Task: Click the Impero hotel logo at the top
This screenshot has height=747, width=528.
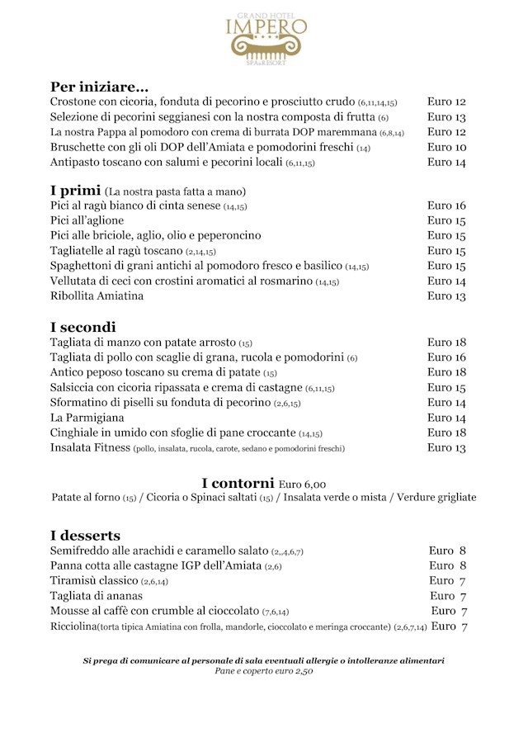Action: coord(266,35)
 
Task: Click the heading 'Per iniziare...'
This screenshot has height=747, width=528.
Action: coord(99,87)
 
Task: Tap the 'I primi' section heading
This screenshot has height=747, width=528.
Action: coord(75,191)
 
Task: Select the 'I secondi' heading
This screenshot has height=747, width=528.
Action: coord(82,327)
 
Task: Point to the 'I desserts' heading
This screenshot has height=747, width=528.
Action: coord(85,536)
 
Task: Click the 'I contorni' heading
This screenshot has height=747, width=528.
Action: coord(238,483)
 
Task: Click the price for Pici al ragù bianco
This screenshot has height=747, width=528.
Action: coord(446,206)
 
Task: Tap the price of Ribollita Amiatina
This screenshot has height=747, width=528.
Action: coord(446,296)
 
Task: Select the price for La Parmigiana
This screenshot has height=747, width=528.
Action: coord(446,418)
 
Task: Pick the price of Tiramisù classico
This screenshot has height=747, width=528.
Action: coord(449,581)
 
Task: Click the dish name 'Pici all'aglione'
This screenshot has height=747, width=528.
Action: coord(87,220)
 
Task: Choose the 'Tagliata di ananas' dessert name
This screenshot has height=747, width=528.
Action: coord(96,596)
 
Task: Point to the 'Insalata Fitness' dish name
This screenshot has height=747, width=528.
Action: coord(90,448)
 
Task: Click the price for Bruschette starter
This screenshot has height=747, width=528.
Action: coord(446,147)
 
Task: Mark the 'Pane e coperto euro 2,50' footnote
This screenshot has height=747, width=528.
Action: coord(263,671)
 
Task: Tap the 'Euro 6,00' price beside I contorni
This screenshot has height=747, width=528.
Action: coord(302,485)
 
